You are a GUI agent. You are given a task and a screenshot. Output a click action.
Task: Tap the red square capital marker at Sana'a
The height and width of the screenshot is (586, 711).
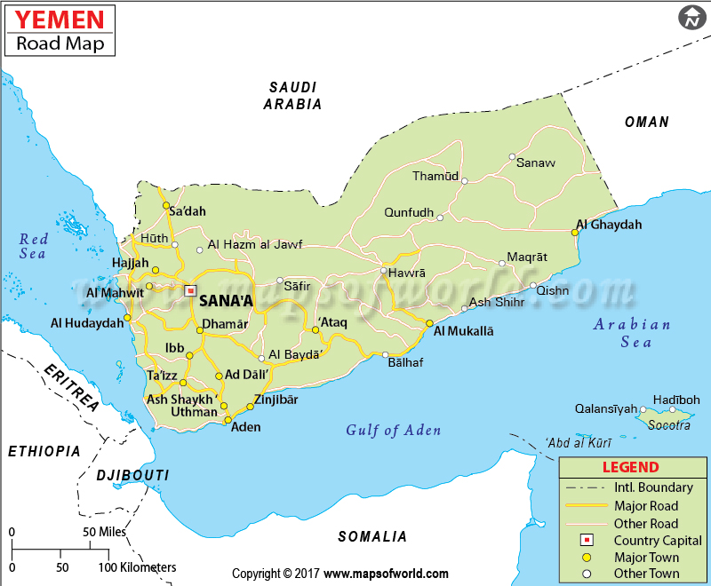tap(189, 289)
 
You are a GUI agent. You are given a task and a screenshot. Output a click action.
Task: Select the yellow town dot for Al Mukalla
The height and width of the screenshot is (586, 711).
tap(429, 323)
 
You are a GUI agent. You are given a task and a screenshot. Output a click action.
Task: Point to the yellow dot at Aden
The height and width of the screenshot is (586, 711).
tap(228, 420)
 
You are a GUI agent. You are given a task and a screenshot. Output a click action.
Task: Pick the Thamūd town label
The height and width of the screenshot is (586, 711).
tap(435, 176)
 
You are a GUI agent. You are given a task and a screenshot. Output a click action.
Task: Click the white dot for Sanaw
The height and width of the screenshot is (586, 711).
tap(512, 157)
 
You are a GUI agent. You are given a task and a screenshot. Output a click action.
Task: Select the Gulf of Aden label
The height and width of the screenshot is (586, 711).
tap(393, 431)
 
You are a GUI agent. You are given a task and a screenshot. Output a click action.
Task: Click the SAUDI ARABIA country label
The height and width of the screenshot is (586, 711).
tap(292, 95)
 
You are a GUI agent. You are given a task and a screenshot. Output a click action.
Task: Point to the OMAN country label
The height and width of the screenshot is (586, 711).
tap(646, 122)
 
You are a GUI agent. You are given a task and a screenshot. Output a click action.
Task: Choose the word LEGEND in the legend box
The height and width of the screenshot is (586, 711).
tap(630, 467)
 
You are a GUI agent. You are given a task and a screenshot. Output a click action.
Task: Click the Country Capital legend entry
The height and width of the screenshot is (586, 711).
tap(658, 541)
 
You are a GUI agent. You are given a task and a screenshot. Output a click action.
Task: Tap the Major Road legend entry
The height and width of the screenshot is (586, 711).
tap(646, 506)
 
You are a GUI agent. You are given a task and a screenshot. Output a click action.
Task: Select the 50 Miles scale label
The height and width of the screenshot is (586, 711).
tap(104, 532)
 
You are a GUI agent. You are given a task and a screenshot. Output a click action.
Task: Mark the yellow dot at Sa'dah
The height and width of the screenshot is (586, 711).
tap(165, 206)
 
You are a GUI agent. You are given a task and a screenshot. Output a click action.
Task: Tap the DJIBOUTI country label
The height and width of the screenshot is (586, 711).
tap(132, 475)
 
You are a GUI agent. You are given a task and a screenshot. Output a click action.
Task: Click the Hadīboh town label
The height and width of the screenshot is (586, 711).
tap(676, 400)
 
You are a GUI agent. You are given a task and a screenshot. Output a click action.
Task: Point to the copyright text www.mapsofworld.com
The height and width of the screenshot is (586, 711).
tap(386, 574)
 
